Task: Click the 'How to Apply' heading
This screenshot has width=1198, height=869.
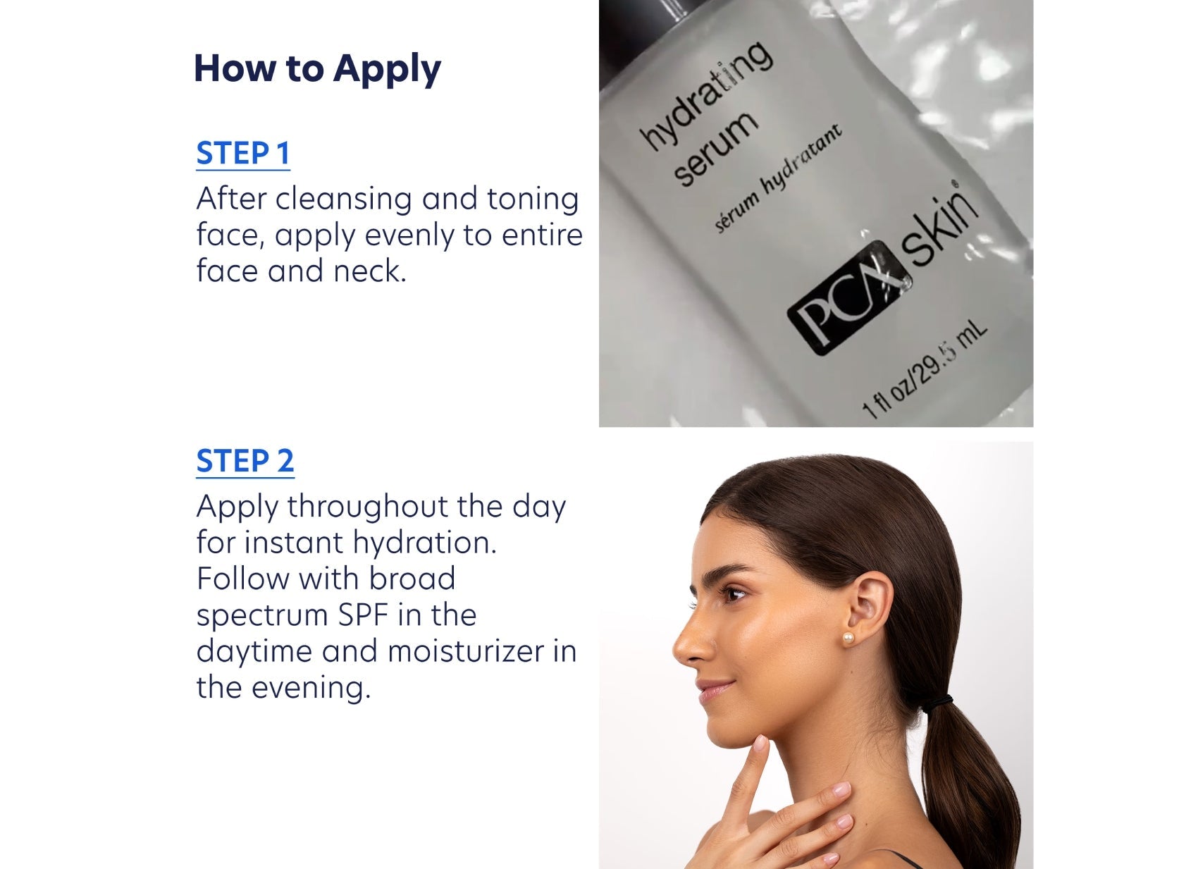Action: pos(317,69)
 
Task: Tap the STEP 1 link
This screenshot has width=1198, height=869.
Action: pos(243,154)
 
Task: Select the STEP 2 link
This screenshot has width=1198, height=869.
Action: pos(245,462)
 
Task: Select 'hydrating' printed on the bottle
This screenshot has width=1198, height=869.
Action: pos(705,94)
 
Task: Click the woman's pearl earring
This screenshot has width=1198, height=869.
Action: pos(848,638)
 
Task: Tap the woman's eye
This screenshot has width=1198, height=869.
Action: pos(734,594)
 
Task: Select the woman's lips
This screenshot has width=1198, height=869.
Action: pos(714,689)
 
